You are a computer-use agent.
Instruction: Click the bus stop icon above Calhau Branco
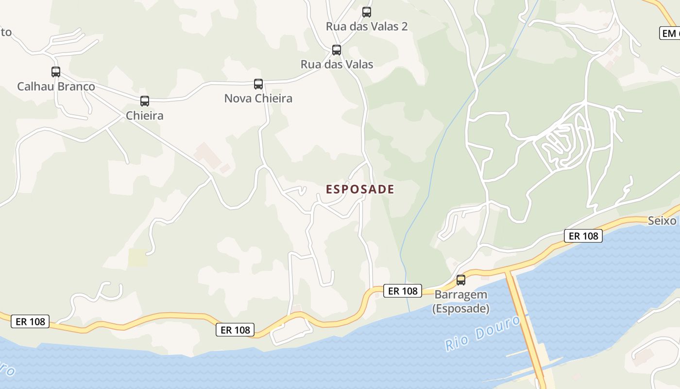pos(56,72)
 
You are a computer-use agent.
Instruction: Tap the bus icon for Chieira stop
pos(145,101)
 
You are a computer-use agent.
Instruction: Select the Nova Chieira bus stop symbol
pos(258,84)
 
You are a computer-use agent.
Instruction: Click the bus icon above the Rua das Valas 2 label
pos(367,12)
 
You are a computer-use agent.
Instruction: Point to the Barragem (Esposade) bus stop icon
pos(461,280)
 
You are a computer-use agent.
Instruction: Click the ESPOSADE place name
pos(360,189)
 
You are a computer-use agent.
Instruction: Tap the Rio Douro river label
pos(483,334)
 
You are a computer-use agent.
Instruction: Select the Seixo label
pos(662,221)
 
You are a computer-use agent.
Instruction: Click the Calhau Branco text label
pos(56,87)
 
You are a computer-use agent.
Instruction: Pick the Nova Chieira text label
pos(258,98)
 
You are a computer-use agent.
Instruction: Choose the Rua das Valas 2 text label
pos(367,26)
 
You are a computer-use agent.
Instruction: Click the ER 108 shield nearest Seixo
pos(583,236)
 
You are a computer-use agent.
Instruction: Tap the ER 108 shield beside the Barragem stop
pos(403,291)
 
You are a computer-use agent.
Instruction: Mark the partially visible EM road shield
pos(670,33)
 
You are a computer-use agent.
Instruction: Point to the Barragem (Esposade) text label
pos(461,301)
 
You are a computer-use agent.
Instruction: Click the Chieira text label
pos(145,116)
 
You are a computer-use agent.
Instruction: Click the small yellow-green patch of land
pos(137,258)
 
